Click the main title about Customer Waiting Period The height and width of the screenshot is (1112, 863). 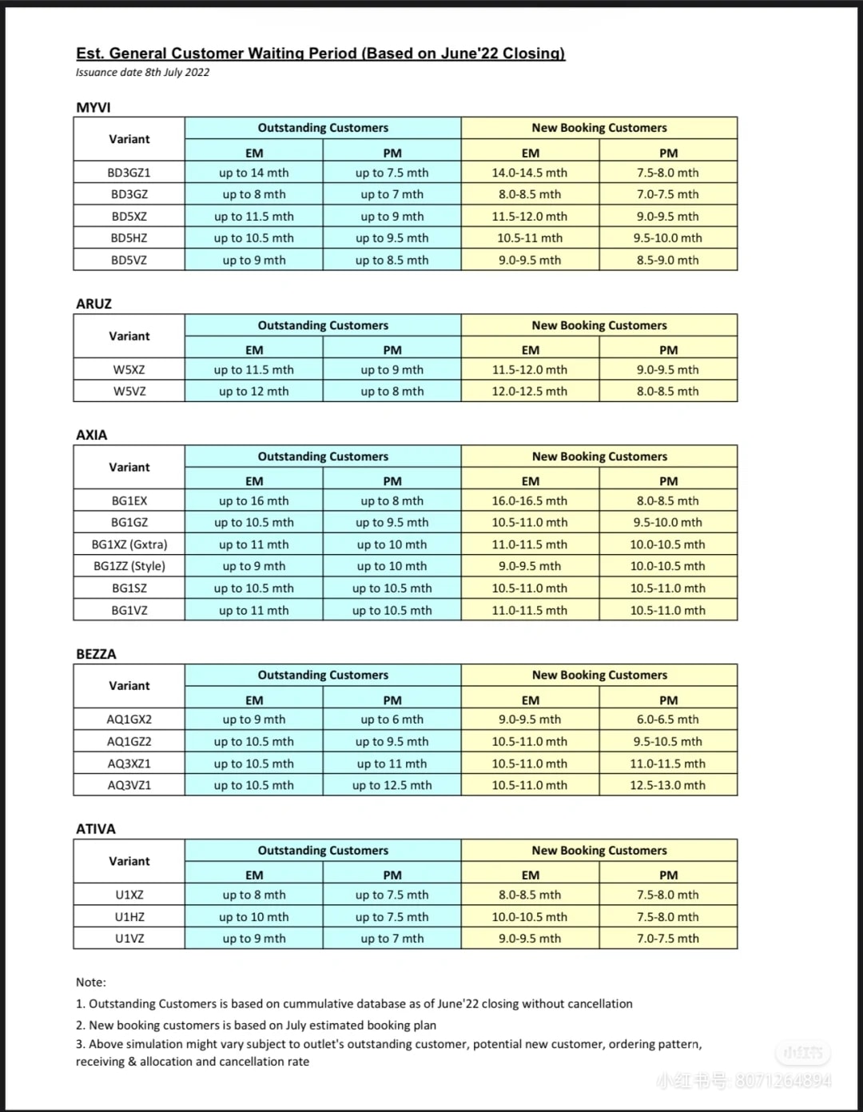point(320,54)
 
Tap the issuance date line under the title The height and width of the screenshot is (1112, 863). point(142,72)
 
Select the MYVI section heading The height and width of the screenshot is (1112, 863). point(93,107)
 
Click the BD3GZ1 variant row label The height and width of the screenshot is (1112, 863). point(129,173)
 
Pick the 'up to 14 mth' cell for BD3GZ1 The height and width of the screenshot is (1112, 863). point(254,173)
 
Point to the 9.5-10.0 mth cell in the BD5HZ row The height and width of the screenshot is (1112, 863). point(668,238)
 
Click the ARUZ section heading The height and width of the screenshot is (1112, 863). point(93,304)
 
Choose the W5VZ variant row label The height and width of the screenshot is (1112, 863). point(129,392)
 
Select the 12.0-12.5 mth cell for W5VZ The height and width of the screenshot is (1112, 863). point(530,392)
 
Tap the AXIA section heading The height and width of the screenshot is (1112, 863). point(91,435)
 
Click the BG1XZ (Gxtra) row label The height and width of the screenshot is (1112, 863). point(129,544)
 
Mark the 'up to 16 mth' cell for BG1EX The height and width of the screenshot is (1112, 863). point(254,501)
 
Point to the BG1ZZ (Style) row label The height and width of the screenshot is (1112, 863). point(129,566)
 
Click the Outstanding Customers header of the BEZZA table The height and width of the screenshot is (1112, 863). point(323,676)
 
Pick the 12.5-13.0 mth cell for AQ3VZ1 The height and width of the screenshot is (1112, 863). point(668,785)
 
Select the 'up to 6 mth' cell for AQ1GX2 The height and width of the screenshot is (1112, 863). point(392,719)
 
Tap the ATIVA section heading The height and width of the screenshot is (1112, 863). point(95,829)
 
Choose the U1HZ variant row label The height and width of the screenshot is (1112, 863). point(129,917)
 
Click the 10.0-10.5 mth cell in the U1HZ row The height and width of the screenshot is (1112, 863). point(530,917)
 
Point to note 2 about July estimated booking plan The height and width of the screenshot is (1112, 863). point(256,1025)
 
